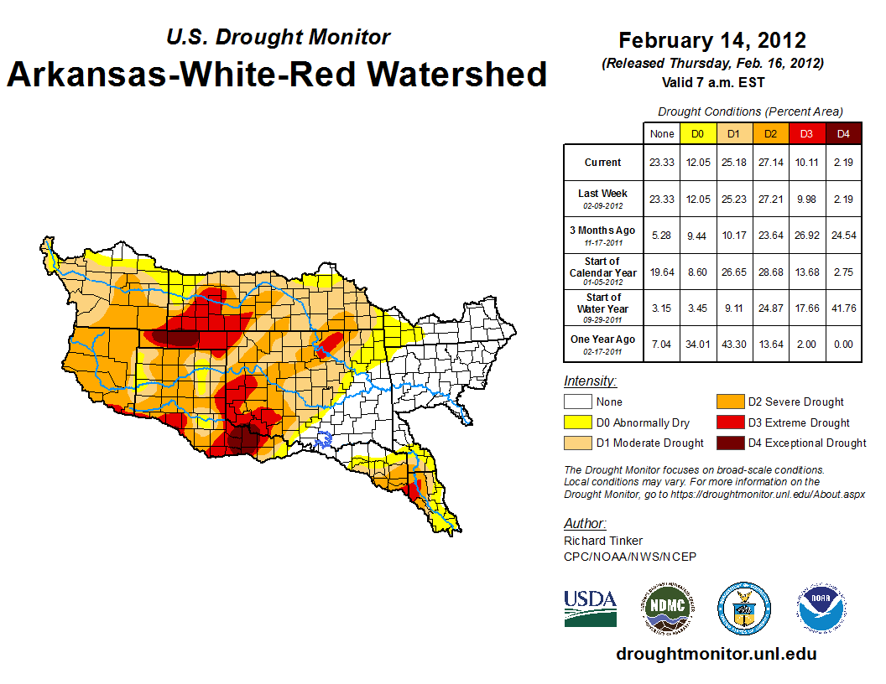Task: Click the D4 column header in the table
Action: point(843,133)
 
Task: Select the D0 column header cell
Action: point(697,133)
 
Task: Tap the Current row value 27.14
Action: point(770,163)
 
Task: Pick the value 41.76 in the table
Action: point(843,308)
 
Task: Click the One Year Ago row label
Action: point(602,339)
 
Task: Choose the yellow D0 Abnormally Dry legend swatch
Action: point(578,422)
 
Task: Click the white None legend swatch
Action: point(578,402)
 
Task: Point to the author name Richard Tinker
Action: point(603,541)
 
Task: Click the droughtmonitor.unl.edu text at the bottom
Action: point(716,654)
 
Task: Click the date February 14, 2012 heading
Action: point(712,40)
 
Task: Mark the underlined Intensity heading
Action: point(590,381)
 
